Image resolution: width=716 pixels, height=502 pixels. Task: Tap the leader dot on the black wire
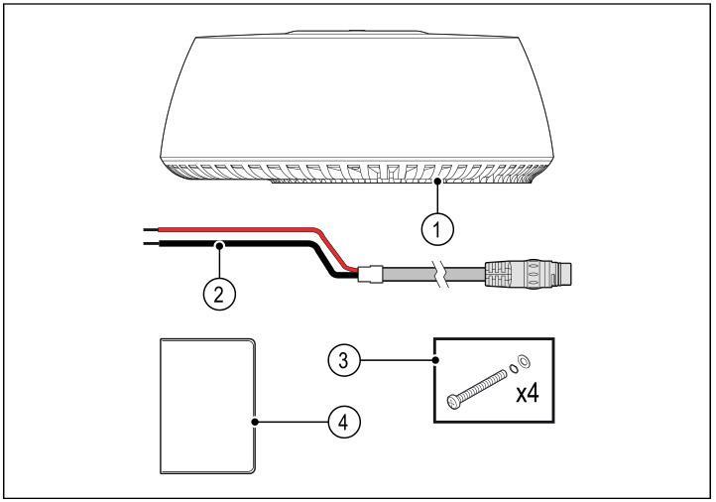pos(219,242)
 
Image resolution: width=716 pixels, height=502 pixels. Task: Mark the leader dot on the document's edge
pos(256,421)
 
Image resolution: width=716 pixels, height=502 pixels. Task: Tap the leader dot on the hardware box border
pos(433,359)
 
